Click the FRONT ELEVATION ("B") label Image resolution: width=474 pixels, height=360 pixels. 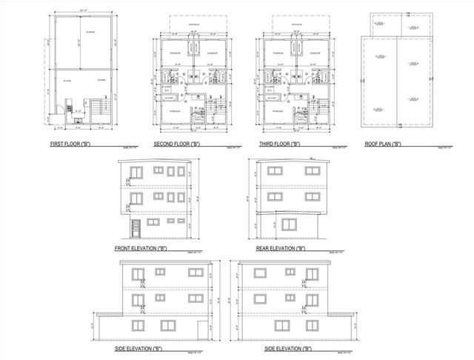click(x=141, y=248)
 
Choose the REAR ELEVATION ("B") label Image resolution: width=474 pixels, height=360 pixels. click(x=281, y=248)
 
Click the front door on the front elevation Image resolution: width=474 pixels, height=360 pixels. click(x=135, y=225)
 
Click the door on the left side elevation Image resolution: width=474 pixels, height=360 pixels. click(x=201, y=330)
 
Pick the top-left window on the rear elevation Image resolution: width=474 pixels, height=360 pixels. click(x=275, y=171)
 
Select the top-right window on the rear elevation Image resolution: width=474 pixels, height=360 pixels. click(x=308, y=171)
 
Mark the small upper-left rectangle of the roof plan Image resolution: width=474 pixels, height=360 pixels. click(x=380, y=25)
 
